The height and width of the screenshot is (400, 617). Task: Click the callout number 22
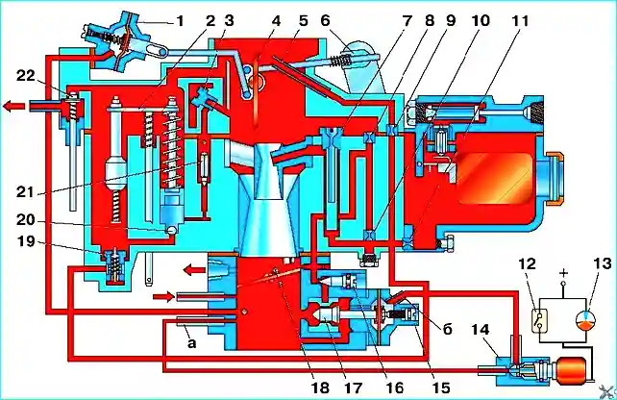[x=26, y=76]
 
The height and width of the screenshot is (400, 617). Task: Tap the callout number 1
[x=180, y=21]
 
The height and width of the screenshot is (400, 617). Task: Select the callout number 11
[x=519, y=21]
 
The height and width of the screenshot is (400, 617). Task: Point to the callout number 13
[x=602, y=263]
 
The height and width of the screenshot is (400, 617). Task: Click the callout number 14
[x=480, y=329]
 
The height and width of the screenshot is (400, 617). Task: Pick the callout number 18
[x=319, y=387]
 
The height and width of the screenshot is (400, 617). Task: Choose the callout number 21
[x=26, y=192]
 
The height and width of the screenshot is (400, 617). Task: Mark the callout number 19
[x=26, y=241]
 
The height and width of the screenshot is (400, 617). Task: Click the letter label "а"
[x=191, y=343]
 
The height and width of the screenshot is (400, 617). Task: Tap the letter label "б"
[x=448, y=328]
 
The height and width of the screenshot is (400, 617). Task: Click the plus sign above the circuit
[x=564, y=272]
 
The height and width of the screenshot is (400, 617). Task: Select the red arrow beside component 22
[x=14, y=106]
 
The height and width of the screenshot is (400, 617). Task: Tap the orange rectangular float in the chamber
[x=495, y=178]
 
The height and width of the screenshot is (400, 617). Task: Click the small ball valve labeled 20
[x=171, y=230]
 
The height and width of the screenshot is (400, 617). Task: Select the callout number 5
[x=303, y=21]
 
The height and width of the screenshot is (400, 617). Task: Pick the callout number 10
[x=480, y=21]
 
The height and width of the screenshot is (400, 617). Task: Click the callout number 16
[x=394, y=387]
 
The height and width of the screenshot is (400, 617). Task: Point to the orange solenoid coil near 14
[x=570, y=369]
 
